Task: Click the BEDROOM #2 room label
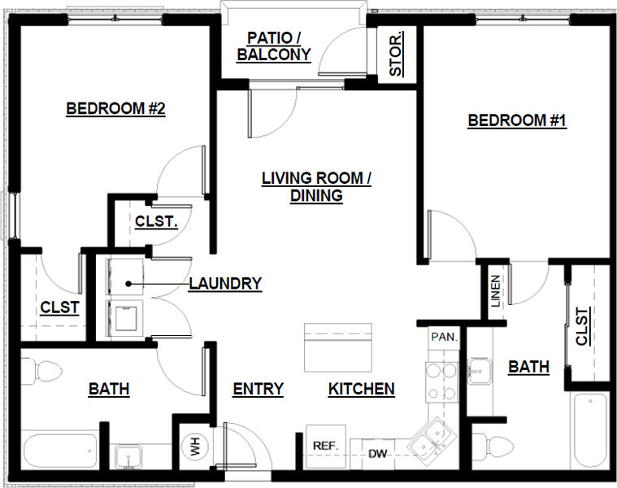pos(115,108)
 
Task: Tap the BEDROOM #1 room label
pos(517,121)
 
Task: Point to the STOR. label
pos(396,55)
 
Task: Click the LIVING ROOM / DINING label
pos(316,186)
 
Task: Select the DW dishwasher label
pos(376,453)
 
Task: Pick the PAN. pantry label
pos(443,335)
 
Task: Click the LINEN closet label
pos(495,291)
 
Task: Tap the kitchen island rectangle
pos(339,346)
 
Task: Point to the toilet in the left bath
pos(44,371)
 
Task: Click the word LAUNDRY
pos(225,284)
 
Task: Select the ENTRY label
pos(258,390)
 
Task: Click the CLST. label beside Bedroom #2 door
pos(157,221)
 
